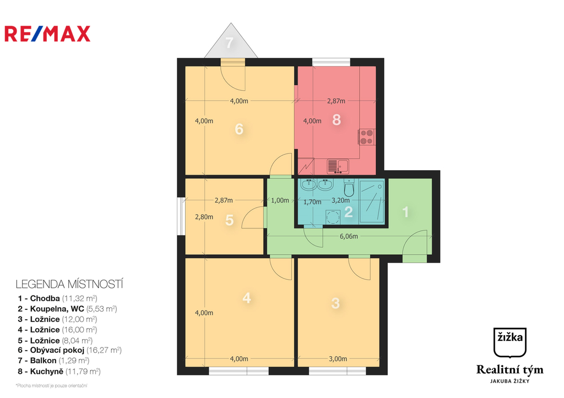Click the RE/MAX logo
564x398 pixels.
(x=47, y=34)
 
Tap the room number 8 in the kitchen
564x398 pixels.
(x=337, y=120)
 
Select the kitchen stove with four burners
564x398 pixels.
(x=366, y=137)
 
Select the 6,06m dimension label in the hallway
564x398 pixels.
(x=348, y=237)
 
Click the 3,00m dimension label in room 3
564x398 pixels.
(x=339, y=359)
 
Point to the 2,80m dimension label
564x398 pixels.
(x=204, y=217)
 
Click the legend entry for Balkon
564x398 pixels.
(x=53, y=361)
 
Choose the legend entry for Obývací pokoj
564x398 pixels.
(x=69, y=350)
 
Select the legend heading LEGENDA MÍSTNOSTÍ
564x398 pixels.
(x=69, y=285)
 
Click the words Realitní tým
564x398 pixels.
(x=509, y=369)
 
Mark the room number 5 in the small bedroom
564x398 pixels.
(x=230, y=220)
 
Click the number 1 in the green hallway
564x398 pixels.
(x=406, y=211)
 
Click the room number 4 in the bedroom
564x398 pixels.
(x=247, y=298)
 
